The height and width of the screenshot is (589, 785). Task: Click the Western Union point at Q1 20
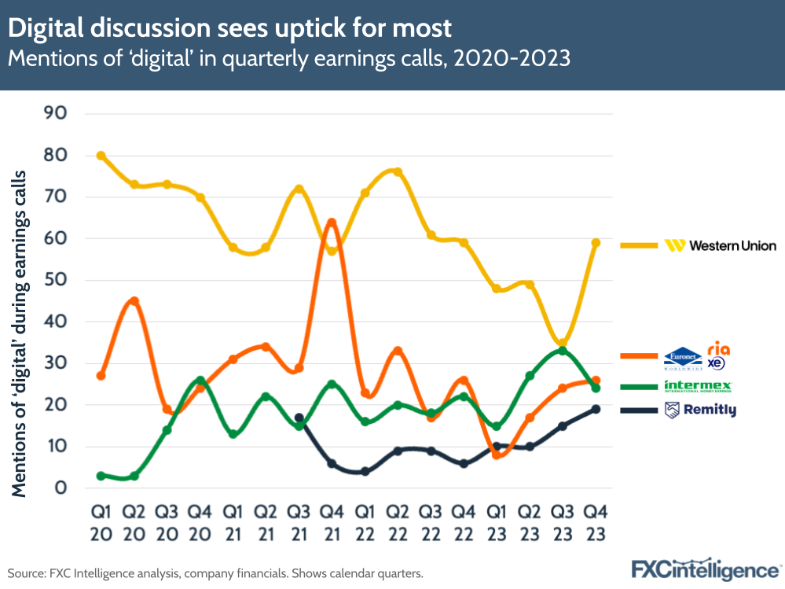101,156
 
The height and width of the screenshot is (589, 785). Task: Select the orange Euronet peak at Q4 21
332,223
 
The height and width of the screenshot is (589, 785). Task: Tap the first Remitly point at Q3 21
299,418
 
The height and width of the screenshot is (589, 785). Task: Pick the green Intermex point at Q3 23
563,351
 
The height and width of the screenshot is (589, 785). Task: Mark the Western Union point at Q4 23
596,243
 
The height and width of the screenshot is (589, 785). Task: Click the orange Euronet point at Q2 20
134,301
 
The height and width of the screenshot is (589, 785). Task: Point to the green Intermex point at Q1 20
101,476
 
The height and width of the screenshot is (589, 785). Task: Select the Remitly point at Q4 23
596,409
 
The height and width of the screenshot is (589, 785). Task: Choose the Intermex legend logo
699,386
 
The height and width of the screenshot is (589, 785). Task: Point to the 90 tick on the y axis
57,113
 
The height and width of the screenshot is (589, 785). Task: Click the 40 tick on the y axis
57,322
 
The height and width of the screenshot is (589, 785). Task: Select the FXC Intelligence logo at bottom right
705,569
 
